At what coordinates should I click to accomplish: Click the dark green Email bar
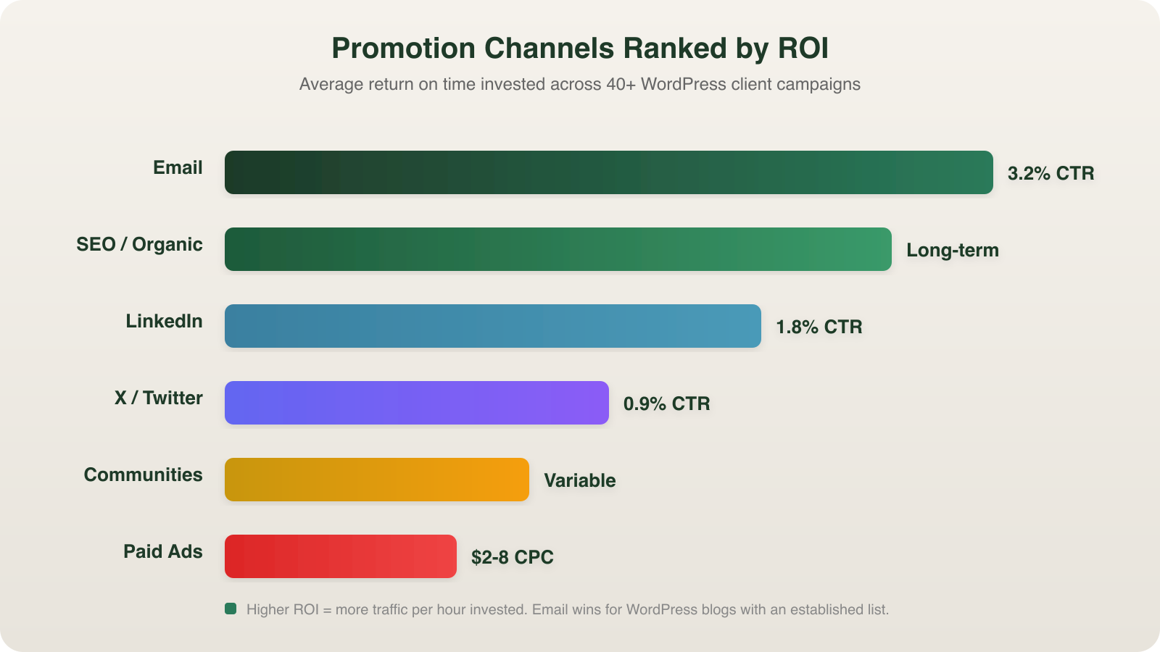click(609, 172)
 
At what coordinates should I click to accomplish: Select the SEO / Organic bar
click(558, 249)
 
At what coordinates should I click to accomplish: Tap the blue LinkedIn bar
click(493, 326)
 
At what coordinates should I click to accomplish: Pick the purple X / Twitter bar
click(417, 403)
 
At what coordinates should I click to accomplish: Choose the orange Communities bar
click(377, 480)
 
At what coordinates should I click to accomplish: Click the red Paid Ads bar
click(341, 556)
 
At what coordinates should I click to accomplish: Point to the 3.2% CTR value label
click(1051, 173)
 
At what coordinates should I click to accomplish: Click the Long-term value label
click(952, 250)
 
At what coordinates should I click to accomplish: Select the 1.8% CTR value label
click(819, 327)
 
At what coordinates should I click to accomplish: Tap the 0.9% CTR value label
click(666, 404)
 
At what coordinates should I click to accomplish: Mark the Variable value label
click(579, 480)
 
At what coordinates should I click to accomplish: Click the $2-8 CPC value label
click(512, 557)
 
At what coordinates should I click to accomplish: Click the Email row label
click(178, 167)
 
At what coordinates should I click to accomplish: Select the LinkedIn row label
click(164, 321)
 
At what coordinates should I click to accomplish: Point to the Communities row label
click(143, 475)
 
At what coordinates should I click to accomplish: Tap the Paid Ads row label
click(162, 551)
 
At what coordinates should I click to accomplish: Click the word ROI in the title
click(803, 49)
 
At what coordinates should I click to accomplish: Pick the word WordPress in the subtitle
click(683, 84)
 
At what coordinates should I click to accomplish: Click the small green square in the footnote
click(231, 609)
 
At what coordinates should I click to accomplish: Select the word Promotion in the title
click(403, 49)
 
